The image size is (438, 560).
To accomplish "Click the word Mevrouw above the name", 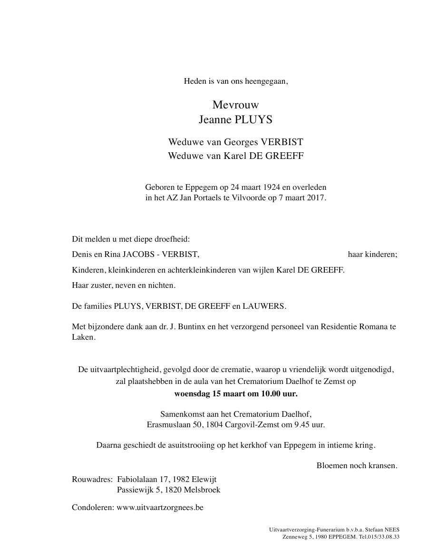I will tap(236, 105).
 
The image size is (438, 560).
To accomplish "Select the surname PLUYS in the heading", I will tap(254, 120).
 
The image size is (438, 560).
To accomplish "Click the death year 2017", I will tap(315, 198).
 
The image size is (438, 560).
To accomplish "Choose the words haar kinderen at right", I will tap(372, 255).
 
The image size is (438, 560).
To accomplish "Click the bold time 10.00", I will tap(263, 393).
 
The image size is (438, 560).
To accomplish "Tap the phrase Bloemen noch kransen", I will tap(357, 466).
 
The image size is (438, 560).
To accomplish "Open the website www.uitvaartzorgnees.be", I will tap(160, 508).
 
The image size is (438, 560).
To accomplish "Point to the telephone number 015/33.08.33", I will tap(384, 537).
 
